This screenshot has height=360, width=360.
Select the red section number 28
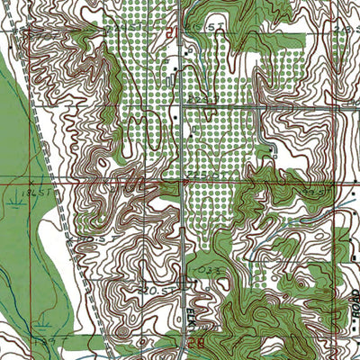[196, 342]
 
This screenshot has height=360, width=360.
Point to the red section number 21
[171, 31]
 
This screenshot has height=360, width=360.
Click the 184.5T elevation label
[19, 192]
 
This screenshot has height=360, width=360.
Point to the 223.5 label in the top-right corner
[342, 29]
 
